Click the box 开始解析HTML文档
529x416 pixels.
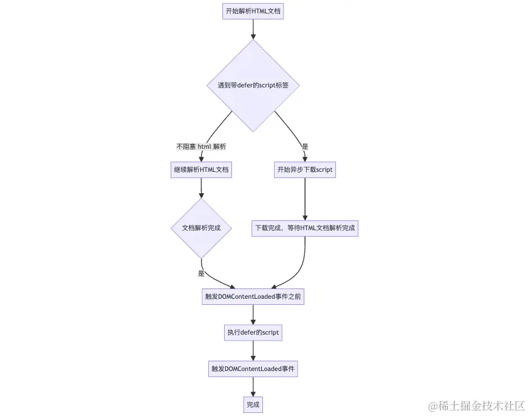click(253, 11)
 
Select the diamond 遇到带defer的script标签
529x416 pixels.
click(253, 86)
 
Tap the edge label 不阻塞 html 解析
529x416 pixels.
click(201, 146)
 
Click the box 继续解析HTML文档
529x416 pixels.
click(201, 170)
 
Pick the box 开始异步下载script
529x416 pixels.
click(305, 170)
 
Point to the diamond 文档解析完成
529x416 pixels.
click(201, 228)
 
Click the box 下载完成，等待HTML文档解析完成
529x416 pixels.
click(305, 228)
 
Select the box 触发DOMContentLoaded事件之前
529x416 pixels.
click(253, 296)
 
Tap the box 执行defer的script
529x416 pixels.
click(253, 333)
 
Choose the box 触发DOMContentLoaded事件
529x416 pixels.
click(253, 369)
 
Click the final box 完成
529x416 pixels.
click(253, 404)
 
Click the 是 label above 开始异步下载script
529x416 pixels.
click(305, 146)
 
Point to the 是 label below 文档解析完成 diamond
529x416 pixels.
click(201, 273)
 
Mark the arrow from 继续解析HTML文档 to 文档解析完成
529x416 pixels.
click(201, 188)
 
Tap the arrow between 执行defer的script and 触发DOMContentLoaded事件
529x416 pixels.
click(253, 350)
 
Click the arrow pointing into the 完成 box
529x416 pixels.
click(253, 387)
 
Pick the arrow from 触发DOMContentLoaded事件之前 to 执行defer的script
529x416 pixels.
click(253, 315)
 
